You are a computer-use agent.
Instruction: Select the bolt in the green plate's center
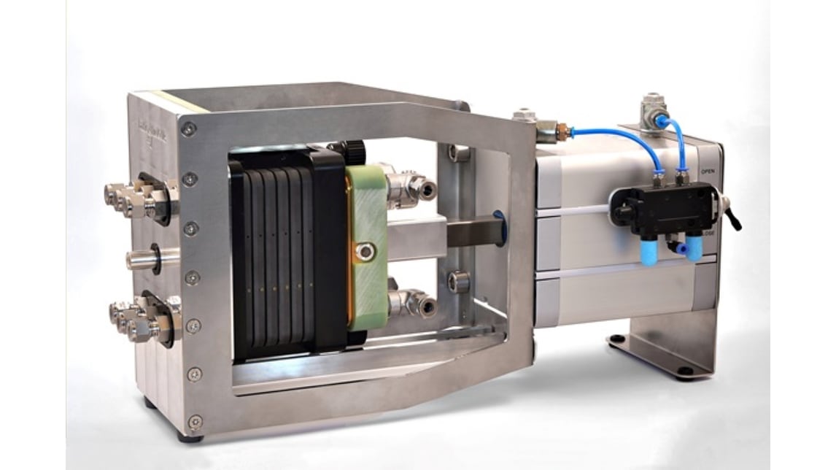[x=363, y=253]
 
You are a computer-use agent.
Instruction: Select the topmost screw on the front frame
[x=189, y=129]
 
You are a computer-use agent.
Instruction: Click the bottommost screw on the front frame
[x=196, y=421]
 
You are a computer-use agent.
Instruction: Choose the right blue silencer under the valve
[x=693, y=248]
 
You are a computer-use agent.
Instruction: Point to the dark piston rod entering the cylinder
[x=474, y=235]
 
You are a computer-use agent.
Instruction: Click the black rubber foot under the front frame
[x=192, y=439]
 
